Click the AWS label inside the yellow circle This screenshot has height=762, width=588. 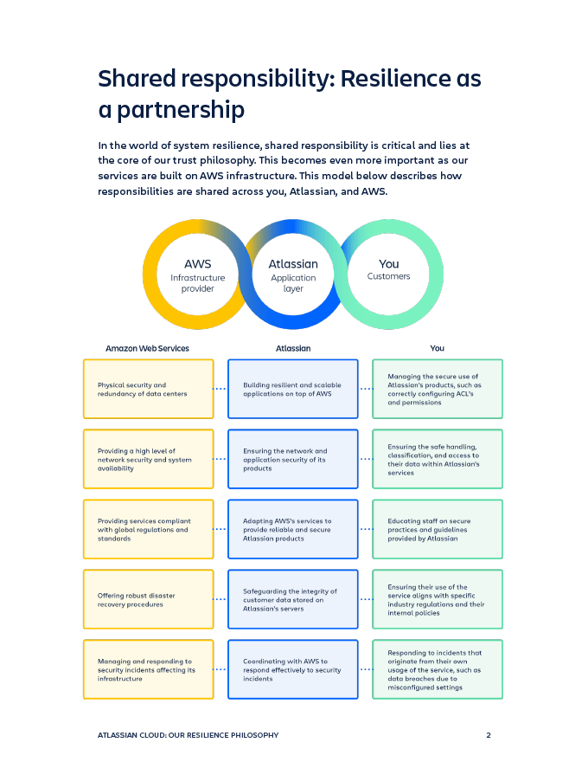click(x=197, y=264)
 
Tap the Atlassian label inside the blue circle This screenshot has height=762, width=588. click(x=293, y=264)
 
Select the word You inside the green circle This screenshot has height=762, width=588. click(x=389, y=264)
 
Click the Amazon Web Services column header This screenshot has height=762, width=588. click(x=147, y=348)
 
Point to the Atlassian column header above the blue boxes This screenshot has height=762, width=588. click(x=293, y=348)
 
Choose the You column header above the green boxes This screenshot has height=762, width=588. click(x=437, y=348)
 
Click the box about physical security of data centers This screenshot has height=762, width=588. click(x=148, y=390)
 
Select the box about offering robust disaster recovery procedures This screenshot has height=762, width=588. click(x=148, y=599)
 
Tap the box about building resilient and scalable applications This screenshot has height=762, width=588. click(x=292, y=390)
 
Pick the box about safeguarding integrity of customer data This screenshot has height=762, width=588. click(x=292, y=599)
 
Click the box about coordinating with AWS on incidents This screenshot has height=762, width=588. click(x=292, y=669)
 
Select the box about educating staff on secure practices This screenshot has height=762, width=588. click(x=437, y=529)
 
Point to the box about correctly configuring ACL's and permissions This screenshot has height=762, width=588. click(x=437, y=390)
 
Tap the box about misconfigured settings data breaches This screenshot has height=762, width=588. click(x=437, y=669)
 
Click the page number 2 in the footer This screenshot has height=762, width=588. click(x=489, y=735)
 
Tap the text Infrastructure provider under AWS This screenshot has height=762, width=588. click(x=197, y=283)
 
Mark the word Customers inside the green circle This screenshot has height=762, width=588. click(x=389, y=277)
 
